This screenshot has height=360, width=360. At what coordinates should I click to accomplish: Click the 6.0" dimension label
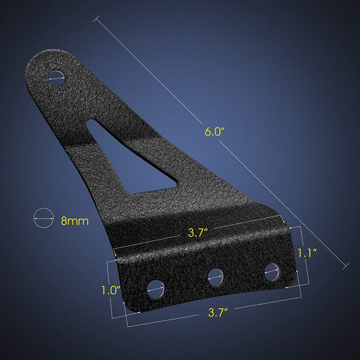[214, 132]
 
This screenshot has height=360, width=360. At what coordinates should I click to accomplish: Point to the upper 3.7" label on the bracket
[198, 233]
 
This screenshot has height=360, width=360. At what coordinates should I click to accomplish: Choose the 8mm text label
[74, 221]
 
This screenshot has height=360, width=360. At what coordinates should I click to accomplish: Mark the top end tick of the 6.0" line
[96, 19]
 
